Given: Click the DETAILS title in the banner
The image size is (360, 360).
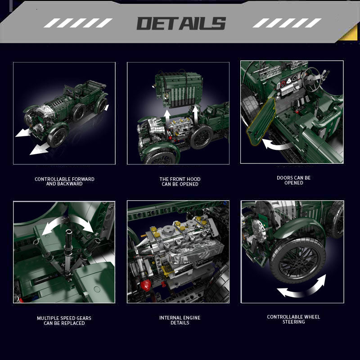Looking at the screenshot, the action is (181, 23).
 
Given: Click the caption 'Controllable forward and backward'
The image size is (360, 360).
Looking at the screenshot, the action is (64, 181).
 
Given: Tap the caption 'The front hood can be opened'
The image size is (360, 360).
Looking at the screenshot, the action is (180, 182).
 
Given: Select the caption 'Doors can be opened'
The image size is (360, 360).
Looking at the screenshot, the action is (294, 180).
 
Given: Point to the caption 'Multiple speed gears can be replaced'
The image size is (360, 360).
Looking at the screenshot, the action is (64, 320).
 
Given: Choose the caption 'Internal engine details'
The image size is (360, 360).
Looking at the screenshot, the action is (180, 320).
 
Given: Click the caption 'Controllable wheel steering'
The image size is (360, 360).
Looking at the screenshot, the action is (294, 319).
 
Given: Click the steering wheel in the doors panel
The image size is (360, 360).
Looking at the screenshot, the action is (311, 79).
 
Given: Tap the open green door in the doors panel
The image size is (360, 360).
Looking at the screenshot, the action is (261, 121).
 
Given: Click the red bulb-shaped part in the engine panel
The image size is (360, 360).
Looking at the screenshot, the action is (146, 285).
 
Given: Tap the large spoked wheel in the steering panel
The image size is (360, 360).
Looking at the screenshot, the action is (297, 261).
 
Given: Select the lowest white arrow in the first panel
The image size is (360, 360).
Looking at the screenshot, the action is (40, 148).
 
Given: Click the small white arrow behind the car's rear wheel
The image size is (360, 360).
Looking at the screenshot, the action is (107, 108).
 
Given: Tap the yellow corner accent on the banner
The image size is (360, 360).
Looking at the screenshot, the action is (349, 33).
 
